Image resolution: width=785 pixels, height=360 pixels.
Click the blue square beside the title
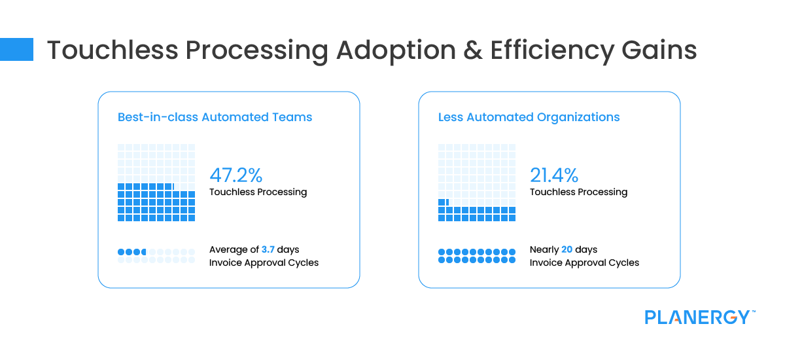pyautogui.click(x=16, y=50)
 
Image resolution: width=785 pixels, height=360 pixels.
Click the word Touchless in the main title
pyautogui.click(x=113, y=50)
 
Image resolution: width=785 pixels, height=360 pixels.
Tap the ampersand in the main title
pyautogui.click(x=473, y=50)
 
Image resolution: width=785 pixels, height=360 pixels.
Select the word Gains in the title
pyautogui.click(x=659, y=50)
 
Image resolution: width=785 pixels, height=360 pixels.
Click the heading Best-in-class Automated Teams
pyautogui.click(x=215, y=117)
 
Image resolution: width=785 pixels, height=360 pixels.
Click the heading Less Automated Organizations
pyautogui.click(x=529, y=117)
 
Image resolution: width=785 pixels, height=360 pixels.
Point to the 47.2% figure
pyautogui.click(x=236, y=175)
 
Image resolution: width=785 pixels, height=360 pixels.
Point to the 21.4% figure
pyautogui.click(x=554, y=175)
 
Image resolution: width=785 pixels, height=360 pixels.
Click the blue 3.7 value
pyautogui.click(x=268, y=249)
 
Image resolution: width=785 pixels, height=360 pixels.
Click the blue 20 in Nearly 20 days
pyautogui.click(x=567, y=249)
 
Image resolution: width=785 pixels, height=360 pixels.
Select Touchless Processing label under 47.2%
pyautogui.click(x=258, y=192)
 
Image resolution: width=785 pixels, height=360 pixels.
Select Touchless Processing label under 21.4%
pyautogui.click(x=578, y=192)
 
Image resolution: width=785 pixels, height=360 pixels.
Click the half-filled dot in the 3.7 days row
pyautogui.click(x=144, y=252)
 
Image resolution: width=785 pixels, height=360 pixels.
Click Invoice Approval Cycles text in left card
pyautogui.click(x=264, y=262)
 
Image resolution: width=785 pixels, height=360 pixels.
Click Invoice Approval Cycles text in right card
pyautogui.click(x=584, y=262)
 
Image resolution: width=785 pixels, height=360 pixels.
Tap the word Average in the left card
pyautogui.click(x=228, y=249)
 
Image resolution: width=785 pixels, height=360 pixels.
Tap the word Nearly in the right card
pyautogui.click(x=544, y=249)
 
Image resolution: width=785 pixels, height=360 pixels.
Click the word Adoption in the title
pyautogui.click(x=396, y=51)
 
